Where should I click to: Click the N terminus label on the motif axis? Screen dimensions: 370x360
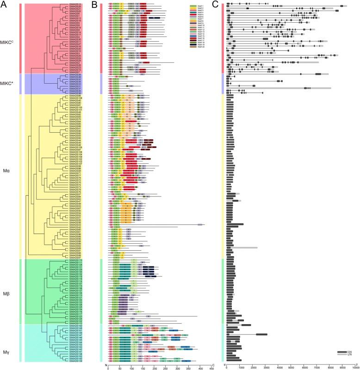coord(107,363)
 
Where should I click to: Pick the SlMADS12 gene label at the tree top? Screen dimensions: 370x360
coord(75,4)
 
